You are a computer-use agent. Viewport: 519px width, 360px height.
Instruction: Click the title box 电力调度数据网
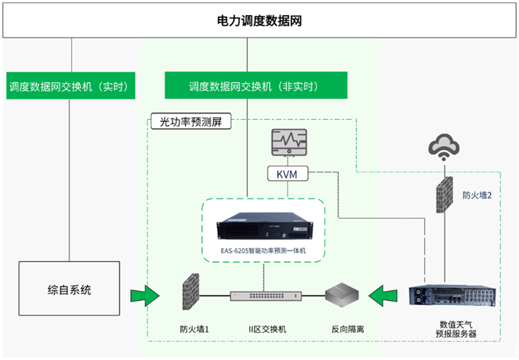[x=259, y=21]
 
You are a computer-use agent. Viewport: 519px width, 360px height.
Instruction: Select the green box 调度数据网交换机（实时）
[x=71, y=85]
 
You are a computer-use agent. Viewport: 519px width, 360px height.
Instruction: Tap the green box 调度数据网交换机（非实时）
[x=256, y=85]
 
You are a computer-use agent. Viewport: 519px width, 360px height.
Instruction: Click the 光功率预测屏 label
[x=191, y=121]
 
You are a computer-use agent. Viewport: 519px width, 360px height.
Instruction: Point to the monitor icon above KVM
[x=289, y=142]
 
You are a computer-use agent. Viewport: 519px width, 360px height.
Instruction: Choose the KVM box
[x=287, y=174]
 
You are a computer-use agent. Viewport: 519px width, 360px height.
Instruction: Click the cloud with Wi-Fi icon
[x=444, y=147]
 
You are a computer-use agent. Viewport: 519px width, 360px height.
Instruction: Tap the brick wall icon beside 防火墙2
[x=444, y=196]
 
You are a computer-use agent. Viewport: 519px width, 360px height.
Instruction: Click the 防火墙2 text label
[x=477, y=196]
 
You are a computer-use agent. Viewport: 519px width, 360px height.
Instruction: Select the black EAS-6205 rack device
[x=265, y=226]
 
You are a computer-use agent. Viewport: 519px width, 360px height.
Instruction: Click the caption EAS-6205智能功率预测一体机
[x=263, y=251]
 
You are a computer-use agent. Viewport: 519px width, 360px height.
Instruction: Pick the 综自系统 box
[x=69, y=288]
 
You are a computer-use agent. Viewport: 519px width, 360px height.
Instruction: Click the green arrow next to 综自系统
[x=145, y=295]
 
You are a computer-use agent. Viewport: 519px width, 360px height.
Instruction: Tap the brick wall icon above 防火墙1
[x=191, y=292]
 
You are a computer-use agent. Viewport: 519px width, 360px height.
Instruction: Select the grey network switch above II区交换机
[x=266, y=295]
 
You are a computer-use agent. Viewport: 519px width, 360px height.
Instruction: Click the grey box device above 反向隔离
[x=342, y=294]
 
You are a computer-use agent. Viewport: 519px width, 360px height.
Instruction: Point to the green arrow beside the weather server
[x=383, y=295]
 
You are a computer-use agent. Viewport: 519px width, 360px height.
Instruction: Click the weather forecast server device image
[x=453, y=295]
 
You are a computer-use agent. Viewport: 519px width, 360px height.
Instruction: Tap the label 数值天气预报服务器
[x=456, y=329]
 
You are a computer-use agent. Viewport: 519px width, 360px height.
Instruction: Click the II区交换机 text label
[x=267, y=329]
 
